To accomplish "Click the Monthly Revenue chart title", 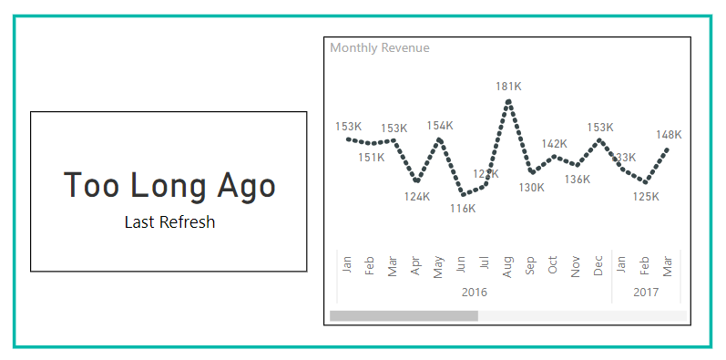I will [x=380, y=47].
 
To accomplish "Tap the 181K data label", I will [x=508, y=87].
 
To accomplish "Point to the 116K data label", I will [x=463, y=208].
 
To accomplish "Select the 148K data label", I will [x=669, y=135].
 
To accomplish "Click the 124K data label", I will [x=417, y=196].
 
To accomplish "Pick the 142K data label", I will [x=554, y=144].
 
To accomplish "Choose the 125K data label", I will [x=646, y=196].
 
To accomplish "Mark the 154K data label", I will [x=440, y=126].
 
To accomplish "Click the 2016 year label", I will [x=475, y=293].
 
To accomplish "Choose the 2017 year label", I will [x=646, y=293].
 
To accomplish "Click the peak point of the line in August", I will [x=508, y=101].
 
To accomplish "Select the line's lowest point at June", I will [x=463, y=194].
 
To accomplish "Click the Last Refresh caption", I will [x=169, y=221].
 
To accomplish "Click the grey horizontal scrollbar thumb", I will [x=404, y=315].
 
